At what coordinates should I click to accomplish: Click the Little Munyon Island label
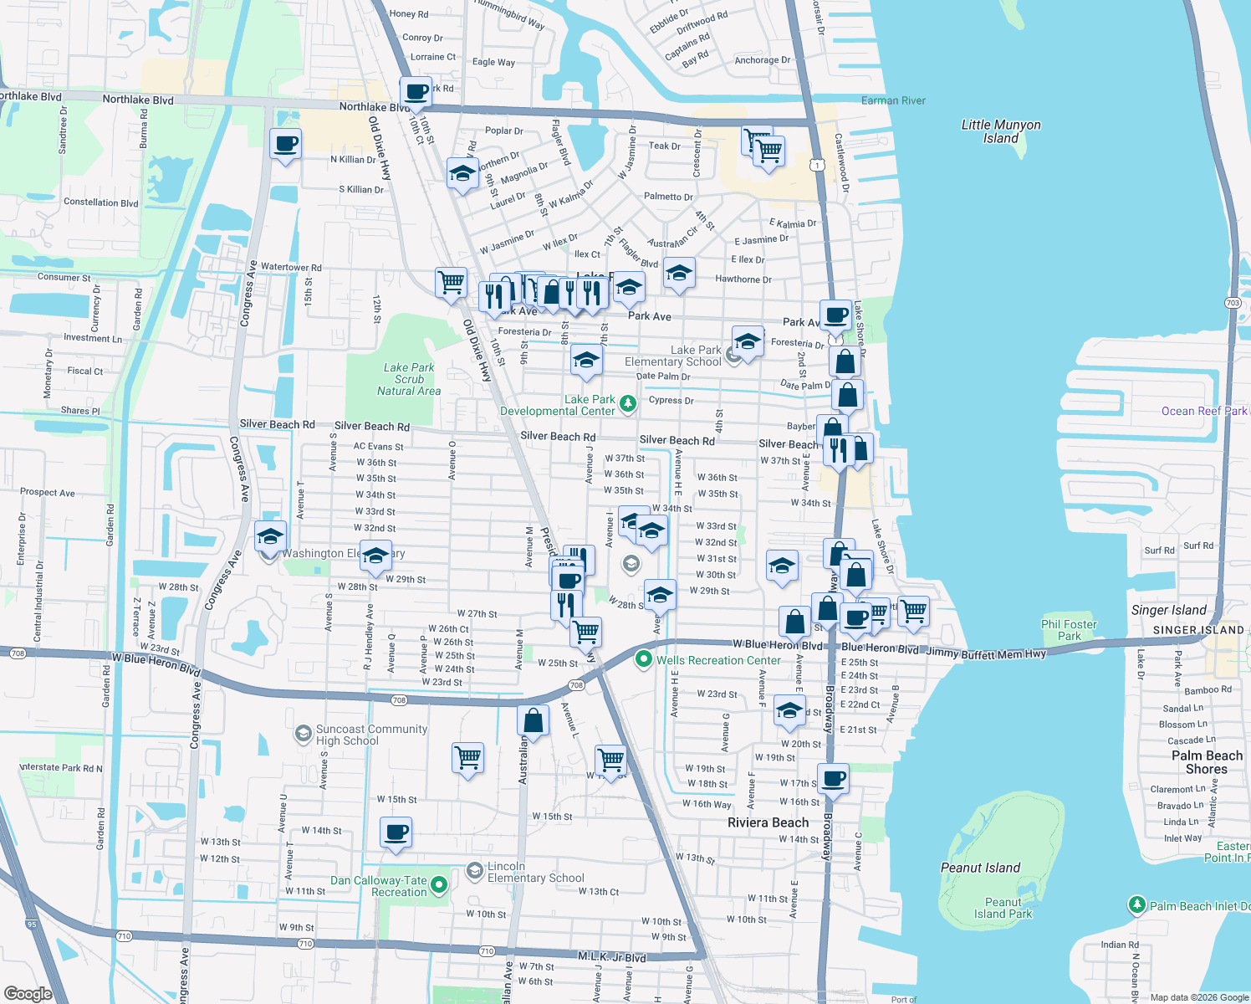pos(1000,131)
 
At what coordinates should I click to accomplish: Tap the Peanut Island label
pos(980,868)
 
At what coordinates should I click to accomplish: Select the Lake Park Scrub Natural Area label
pos(408,379)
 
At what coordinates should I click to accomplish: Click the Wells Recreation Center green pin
pos(643,659)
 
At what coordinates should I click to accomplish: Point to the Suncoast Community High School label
pos(370,735)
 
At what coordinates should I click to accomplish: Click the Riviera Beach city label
pos(768,822)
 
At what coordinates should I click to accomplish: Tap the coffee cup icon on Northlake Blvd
pos(416,91)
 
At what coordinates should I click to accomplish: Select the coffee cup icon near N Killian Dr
pos(286,144)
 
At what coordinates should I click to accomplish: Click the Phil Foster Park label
pos(1069,630)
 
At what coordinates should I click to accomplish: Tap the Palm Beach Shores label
pos(1207,762)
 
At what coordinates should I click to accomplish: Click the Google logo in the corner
pos(28,993)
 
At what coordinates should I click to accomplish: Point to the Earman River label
pos(893,100)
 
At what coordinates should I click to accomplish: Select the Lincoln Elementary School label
pos(535,872)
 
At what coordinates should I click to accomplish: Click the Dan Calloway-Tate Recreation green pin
pos(439,884)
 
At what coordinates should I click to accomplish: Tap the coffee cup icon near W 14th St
pos(396,833)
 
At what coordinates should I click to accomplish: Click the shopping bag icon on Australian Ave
pos(533,720)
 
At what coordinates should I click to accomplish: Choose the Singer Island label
pos(1168,610)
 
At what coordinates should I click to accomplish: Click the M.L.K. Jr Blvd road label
pos(611,956)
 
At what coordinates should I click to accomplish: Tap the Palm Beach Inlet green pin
pos(1136,904)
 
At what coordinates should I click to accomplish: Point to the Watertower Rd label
pos(291,267)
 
